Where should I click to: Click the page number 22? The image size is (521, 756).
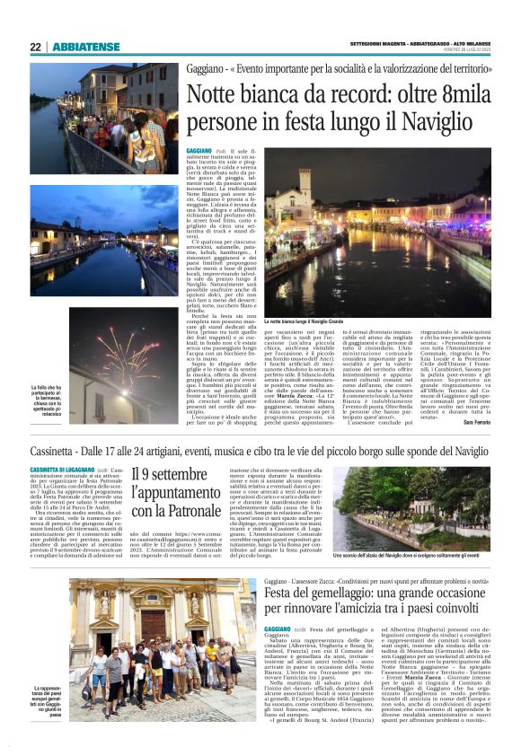click(35, 48)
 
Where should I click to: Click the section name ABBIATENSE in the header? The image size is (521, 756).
click(84, 48)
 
